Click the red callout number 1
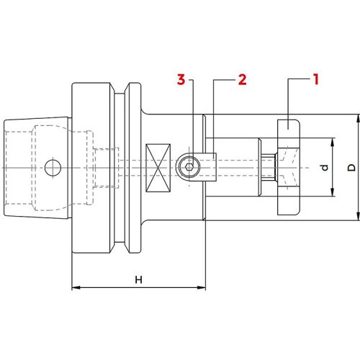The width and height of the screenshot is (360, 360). (315, 78)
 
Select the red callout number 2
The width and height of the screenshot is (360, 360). (242, 78)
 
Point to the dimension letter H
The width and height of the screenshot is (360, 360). (138, 279)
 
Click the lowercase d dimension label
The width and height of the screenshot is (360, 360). (325, 168)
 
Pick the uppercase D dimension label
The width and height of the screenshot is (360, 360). (351, 167)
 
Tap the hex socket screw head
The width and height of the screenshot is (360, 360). (187, 167)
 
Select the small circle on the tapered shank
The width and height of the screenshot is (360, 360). (50, 168)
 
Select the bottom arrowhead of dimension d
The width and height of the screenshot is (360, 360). (333, 194)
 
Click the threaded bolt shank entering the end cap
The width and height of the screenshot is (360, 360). (269, 167)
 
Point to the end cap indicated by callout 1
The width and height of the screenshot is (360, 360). (287, 130)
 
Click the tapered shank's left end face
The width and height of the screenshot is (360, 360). (5, 167)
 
